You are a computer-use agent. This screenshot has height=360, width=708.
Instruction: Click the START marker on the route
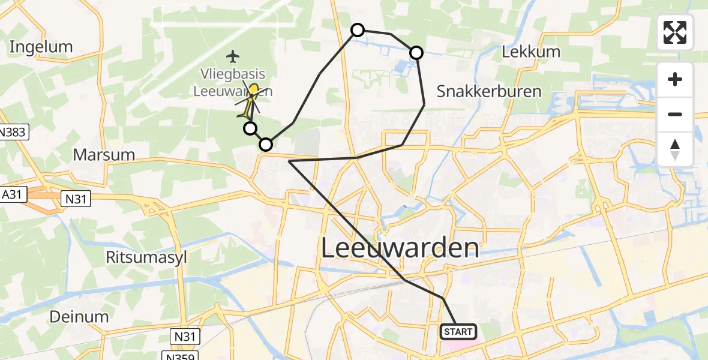coord(459,331)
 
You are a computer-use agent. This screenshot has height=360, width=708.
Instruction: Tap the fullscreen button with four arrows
coord(675,32)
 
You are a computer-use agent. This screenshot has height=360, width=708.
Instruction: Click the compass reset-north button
coord(675,149)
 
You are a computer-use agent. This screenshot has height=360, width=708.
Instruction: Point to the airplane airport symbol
coord(233,57)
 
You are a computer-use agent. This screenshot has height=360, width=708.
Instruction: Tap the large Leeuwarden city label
coord(401,248)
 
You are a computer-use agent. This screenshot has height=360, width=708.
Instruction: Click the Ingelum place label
coord(41,47)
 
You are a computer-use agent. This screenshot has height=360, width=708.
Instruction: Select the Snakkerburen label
coord(488,91)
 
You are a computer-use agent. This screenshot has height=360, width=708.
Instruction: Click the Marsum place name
coord(103,155)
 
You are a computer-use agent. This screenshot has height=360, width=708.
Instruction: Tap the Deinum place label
coord(79,316)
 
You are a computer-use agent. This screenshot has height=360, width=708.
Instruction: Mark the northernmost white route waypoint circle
coord(357,30)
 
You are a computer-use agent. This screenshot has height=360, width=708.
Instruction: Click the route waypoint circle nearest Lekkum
coord(416,53)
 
